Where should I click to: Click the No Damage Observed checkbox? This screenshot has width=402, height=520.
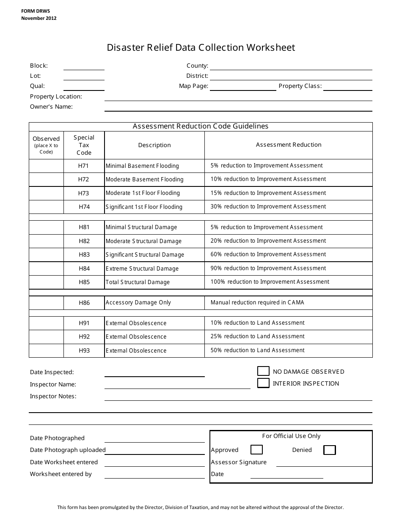click(x=263, y=371)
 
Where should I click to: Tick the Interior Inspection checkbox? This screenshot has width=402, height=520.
click(x=263, y=383)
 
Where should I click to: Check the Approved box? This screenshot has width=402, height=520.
click(x=256, y=450)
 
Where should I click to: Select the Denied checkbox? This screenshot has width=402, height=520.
click(x=329, y=450)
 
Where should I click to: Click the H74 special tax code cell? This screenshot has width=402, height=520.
click(x=84, y=207)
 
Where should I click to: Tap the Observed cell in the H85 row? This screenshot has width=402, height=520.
click(x=46, y=282)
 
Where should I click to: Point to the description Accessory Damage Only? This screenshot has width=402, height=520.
click(x=138, y=302)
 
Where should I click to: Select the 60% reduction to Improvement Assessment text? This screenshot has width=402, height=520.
click(x=268, y=254)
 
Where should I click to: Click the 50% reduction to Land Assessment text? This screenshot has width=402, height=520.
click(x=257, y=350)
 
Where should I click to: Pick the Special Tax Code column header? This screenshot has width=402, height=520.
click(x=84, y=145)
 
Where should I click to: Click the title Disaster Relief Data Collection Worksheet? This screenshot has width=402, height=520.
click(x=201, y=47)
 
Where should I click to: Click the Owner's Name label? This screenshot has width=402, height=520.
click(x=51, y=107)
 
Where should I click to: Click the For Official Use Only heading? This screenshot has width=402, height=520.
click(x=291, y=436)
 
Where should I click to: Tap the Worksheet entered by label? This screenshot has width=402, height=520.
click(x=61, y=474)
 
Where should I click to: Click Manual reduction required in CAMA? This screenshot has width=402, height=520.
click(x=257, y=302)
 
